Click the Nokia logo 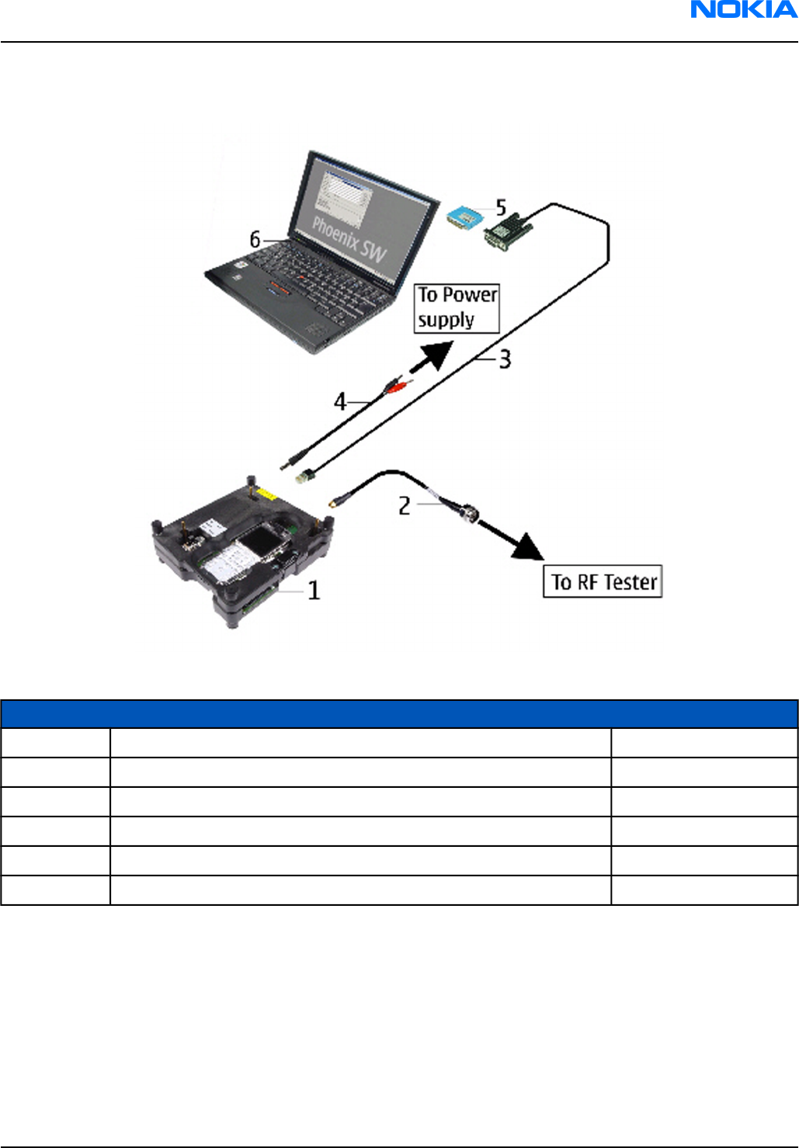(x=743, y=10)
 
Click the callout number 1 (x=314, y=591)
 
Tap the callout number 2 (x=404, y=506)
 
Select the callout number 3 (x=505, y=359)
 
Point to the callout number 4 (x=339, y=402)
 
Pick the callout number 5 (x=501, y=207)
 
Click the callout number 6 (x=255, y=240)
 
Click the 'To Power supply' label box (x=457, y=308)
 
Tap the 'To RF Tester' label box (x=603, y=581)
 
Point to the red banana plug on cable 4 (x=396, y=385)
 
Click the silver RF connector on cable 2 (x=466, y=512)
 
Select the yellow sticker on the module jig (x=269, y=495)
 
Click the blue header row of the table (x=399, y=714)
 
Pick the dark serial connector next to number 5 (x=506, y=231)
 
